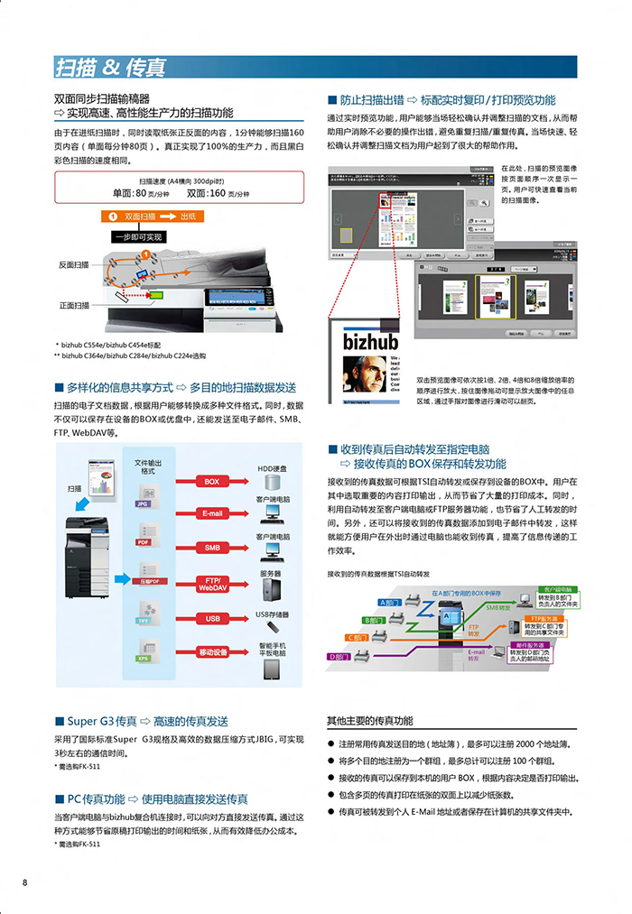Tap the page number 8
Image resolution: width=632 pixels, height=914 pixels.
[x=25, y=882]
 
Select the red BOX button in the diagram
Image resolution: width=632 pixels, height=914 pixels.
[x=211, y=482]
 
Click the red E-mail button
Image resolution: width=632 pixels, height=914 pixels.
[x=211, y=514]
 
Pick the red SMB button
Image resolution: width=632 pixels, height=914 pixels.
[x=211, y=548]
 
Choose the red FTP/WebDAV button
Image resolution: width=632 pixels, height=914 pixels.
[x=211, y=583]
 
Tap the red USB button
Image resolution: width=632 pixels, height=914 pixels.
[x=211, y=618]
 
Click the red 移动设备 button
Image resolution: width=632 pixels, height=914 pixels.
[x=211, y=651]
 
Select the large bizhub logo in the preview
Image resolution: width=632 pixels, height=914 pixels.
[x=370, y=342]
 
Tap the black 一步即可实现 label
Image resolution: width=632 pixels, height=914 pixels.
[x=138, y=237]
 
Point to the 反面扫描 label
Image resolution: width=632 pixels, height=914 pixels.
[x=74, y=264]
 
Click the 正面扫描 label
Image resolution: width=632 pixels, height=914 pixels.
[x=74, y=305]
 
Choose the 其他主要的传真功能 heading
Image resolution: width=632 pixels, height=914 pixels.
[x=369, y=721]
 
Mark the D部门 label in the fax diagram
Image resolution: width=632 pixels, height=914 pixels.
[x=340, y=656]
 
